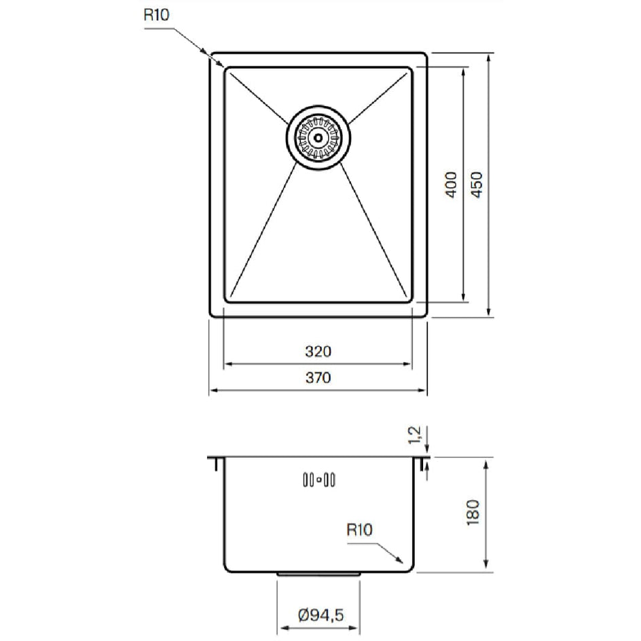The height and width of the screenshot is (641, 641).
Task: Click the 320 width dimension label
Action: [318, 352]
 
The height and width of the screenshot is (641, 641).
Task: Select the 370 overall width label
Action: [318, 378]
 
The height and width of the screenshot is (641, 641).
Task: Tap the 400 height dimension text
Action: [451, 185]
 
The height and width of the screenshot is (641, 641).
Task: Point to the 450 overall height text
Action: [477, 185]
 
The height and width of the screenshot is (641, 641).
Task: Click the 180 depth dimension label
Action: [473, 513]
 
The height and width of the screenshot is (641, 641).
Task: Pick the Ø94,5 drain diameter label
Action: [321, 615]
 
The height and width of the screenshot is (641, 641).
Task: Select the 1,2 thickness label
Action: [414, 435]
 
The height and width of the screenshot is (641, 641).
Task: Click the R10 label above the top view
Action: [156, 15]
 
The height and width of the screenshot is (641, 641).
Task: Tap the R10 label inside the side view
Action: [359, 530]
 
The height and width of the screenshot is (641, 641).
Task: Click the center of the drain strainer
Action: [318, 137]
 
